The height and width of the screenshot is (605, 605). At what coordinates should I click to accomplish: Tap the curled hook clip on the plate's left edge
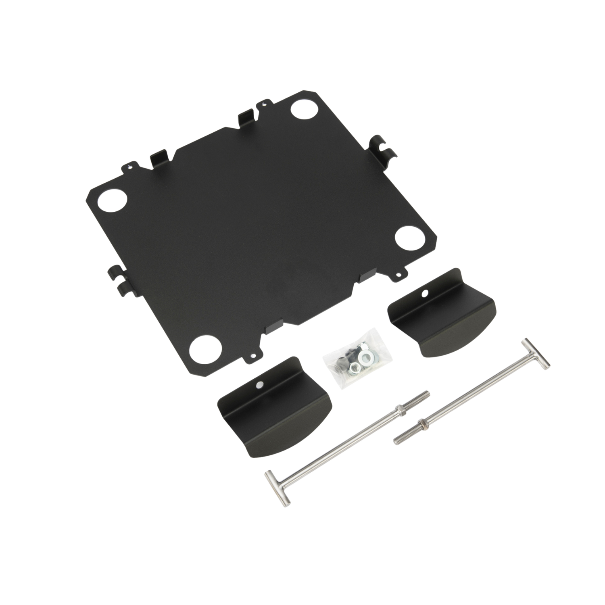pos(117,278)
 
